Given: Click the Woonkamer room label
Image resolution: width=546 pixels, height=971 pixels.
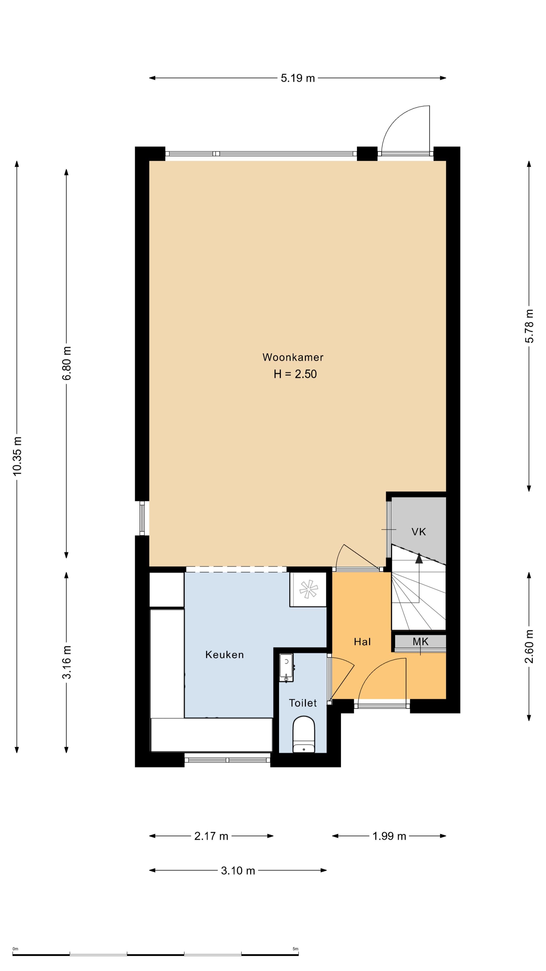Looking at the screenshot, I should point(293,357).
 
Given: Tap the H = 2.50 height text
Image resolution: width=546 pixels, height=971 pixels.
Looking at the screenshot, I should point(295,374).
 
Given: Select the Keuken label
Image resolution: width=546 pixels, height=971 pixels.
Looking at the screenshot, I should point(224,655).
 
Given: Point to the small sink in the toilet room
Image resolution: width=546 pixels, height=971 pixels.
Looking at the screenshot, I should point(286,668).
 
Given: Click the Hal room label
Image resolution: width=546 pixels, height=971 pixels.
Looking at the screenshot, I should point(362,642).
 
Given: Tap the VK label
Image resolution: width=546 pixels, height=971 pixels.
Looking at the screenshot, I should point(419,532).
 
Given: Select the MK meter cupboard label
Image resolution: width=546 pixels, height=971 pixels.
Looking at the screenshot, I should point(421,642).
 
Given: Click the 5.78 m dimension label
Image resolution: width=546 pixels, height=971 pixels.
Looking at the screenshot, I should point(529,326).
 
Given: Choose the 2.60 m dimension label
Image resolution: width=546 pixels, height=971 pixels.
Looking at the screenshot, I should point(529,647).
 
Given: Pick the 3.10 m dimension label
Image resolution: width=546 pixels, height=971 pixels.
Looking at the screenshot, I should point(238,870).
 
